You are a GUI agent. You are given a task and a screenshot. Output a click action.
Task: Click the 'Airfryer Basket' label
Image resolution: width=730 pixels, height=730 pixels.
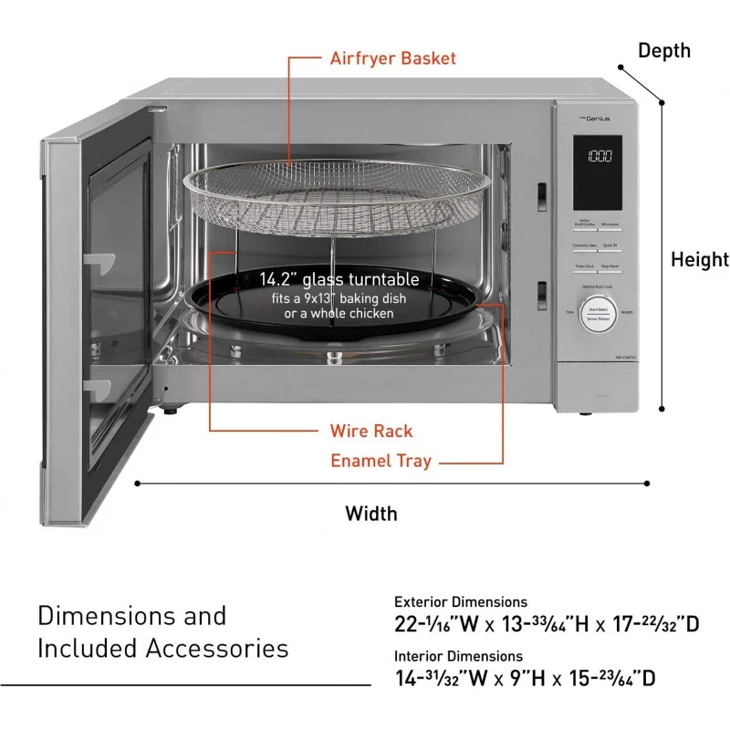point(393,58)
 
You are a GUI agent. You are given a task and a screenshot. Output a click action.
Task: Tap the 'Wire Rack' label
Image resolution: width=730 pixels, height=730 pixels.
point(371,431)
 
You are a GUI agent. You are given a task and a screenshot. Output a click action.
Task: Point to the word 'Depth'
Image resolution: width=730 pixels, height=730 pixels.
point(663,50)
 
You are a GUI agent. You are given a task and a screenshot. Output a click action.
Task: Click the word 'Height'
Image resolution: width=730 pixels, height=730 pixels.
point(700,260)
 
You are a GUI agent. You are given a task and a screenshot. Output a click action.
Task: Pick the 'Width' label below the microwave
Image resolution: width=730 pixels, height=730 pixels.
point(371,513)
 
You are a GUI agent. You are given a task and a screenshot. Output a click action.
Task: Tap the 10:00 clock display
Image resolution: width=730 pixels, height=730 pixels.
point(598,157)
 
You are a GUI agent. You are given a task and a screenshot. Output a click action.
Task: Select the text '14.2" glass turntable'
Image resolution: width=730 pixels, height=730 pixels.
point(339,279)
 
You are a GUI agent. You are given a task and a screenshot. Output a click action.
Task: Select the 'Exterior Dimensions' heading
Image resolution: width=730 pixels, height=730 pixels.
point(461,602)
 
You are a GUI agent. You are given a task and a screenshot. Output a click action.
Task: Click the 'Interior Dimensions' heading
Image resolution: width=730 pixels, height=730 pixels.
point(458,656)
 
